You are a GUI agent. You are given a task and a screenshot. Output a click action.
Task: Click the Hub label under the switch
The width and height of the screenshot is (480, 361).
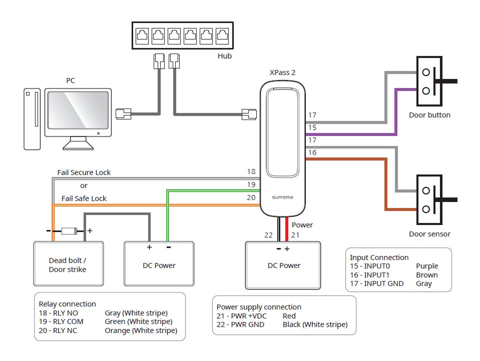point(225,56)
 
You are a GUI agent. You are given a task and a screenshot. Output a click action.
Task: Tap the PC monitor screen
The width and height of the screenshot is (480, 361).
point(78,111)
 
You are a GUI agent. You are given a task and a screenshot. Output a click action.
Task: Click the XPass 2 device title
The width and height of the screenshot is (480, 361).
point(282,72)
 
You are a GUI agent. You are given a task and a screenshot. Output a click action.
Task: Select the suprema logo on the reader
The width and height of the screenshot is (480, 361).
point(283,197)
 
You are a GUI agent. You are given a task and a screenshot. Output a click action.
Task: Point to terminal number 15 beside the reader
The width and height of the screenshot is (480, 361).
point(312,127)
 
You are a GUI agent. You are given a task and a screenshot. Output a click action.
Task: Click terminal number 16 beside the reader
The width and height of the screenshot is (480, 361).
point(312,152)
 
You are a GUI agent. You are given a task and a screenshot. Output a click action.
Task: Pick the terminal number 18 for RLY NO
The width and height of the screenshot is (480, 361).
point(251,171)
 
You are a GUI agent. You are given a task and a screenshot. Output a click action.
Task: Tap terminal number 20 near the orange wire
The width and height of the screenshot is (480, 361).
point(251,197)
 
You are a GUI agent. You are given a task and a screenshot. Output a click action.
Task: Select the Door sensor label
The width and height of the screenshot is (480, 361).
point(429,234)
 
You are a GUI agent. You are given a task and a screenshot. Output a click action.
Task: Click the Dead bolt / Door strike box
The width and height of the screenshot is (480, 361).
point(68,265)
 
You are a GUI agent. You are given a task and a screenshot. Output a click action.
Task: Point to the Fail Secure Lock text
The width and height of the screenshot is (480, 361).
point(84,172)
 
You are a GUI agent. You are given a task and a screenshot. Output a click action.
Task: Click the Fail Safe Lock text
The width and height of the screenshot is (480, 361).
point(84,198)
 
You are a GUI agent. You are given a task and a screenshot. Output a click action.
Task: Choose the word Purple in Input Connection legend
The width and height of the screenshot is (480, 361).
point(427,266)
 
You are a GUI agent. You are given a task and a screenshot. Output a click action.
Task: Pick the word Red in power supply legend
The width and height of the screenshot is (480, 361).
point(289,316)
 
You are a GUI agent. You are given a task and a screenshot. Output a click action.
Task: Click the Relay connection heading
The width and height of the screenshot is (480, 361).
point(68,304)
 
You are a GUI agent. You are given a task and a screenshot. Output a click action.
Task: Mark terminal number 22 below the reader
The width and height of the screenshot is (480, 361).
point(269,235)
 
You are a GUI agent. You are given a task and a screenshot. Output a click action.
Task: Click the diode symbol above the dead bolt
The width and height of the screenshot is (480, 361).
point(69,231)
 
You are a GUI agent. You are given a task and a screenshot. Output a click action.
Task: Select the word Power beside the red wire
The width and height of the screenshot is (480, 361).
point(302,225)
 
